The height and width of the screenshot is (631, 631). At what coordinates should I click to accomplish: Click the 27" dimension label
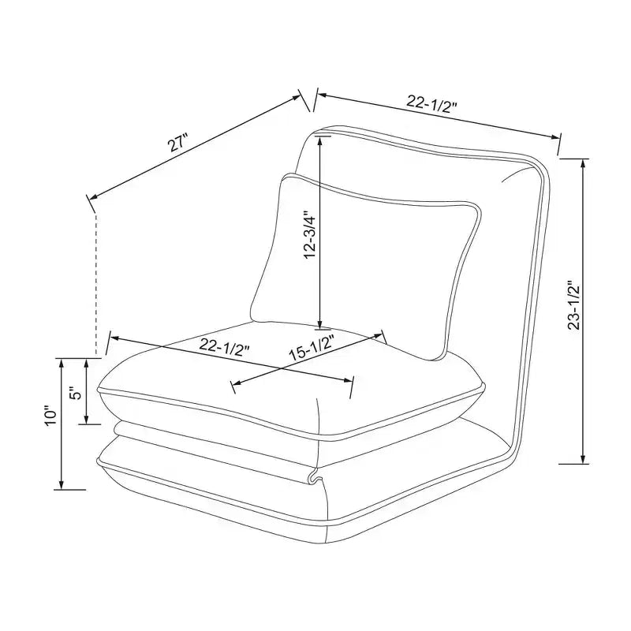178,144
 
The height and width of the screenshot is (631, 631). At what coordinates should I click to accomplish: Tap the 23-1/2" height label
573,305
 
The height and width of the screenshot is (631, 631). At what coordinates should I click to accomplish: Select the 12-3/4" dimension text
312,235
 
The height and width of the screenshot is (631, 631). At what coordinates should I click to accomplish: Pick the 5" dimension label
76,393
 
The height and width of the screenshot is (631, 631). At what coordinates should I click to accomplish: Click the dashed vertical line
95,283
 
